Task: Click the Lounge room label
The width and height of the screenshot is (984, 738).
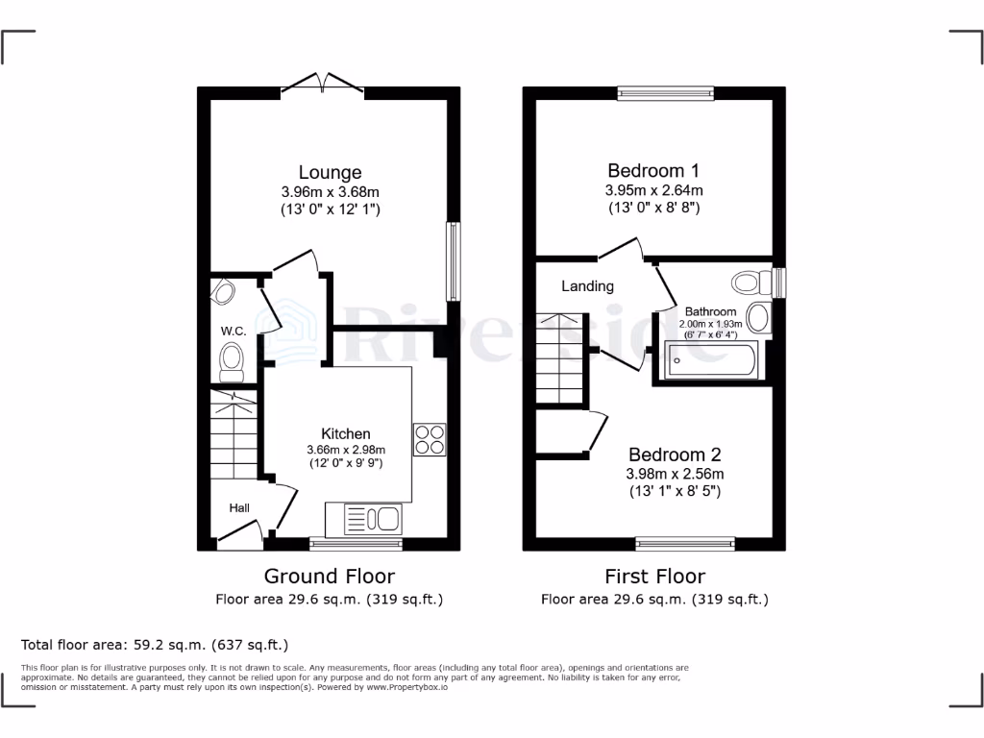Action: pyautogui.click(x=330, y=173)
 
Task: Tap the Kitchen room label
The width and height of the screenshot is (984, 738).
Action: pyautogui.click(x=345, y=433)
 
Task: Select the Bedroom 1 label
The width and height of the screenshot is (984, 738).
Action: pyautogui.click(x=653, y=171)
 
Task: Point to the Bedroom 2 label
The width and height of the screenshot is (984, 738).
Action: pyautogui.click(x=675, y=455)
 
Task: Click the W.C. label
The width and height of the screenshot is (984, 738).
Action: pyautogui.click(x=234, y=332)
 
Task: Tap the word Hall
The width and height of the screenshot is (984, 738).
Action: pyautogui.click(x=239, y=507)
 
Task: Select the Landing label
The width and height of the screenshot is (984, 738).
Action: pyautogui.click(x=587, y=286)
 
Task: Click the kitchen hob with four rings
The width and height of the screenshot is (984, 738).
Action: pyautogui.click(x=429, y=439)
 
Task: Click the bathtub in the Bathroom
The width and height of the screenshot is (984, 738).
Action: pyautogui.click(x=711, y=360)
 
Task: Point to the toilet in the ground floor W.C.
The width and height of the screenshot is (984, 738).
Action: pyautogui.click(x=231, y=360)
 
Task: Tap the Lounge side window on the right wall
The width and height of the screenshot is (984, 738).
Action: pyautogui.click(x=452, y=262)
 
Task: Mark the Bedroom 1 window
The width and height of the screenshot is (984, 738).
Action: pyautogui.click(x=666, y=93)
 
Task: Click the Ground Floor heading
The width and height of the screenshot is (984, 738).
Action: pyautogui.click(x=330, y=577)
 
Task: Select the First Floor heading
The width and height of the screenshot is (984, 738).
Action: pyautogui.click(x=654, y=577)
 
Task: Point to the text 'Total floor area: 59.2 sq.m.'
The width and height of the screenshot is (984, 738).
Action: pyautogui.click(x=154, y=645)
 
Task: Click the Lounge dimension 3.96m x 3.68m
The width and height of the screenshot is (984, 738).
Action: pyautogui.click(x=331, y=192)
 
